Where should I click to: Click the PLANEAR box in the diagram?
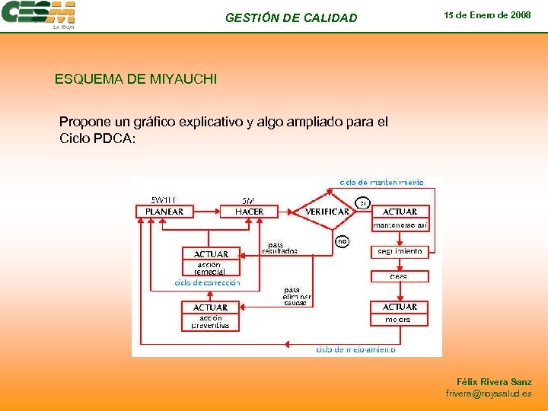pos(164,212)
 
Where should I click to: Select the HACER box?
pos(249,212)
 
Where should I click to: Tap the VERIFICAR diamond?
pos(327,212)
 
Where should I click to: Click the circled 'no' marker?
pos(342,241)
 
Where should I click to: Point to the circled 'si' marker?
pos(364,202)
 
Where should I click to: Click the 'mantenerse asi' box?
pos(400,225)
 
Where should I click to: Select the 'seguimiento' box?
pos(400,251)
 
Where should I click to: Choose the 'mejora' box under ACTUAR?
pos(400,320)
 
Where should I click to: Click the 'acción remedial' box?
pos(210,268)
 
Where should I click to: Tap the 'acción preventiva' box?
pos(210,322)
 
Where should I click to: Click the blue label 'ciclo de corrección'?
pos(207,282)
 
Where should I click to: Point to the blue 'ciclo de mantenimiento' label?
pos(387,183)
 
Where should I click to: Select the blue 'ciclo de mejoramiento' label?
pos(355,350)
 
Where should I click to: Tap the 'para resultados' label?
pos(279,248)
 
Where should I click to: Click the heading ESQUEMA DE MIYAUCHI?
pos(135,78)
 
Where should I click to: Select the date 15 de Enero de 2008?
pos(487,15)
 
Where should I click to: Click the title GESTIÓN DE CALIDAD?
pos(291,18)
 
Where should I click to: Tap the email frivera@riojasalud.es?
pos(489,393)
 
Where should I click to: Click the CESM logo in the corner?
pos(39,14)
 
